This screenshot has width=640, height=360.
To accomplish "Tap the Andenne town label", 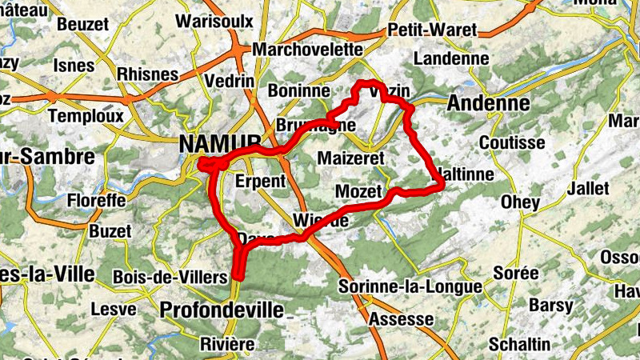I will click(488, 104).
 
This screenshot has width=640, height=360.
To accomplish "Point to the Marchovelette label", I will click(307, 50).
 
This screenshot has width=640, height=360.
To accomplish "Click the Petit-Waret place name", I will click(431, 30).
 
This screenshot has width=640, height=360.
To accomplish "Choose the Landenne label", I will click(451, 58).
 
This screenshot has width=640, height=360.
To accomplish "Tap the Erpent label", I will click(261, 182).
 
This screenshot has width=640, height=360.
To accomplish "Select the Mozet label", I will click(356, 192).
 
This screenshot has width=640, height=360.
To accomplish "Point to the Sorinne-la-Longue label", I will click(410, 286).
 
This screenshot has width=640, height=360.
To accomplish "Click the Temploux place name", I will click(86, 115).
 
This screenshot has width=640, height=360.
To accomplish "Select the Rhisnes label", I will click(147, 74).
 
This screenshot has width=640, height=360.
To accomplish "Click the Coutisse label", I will click(511, 142).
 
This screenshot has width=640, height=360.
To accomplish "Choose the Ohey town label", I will click(520, 202).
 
